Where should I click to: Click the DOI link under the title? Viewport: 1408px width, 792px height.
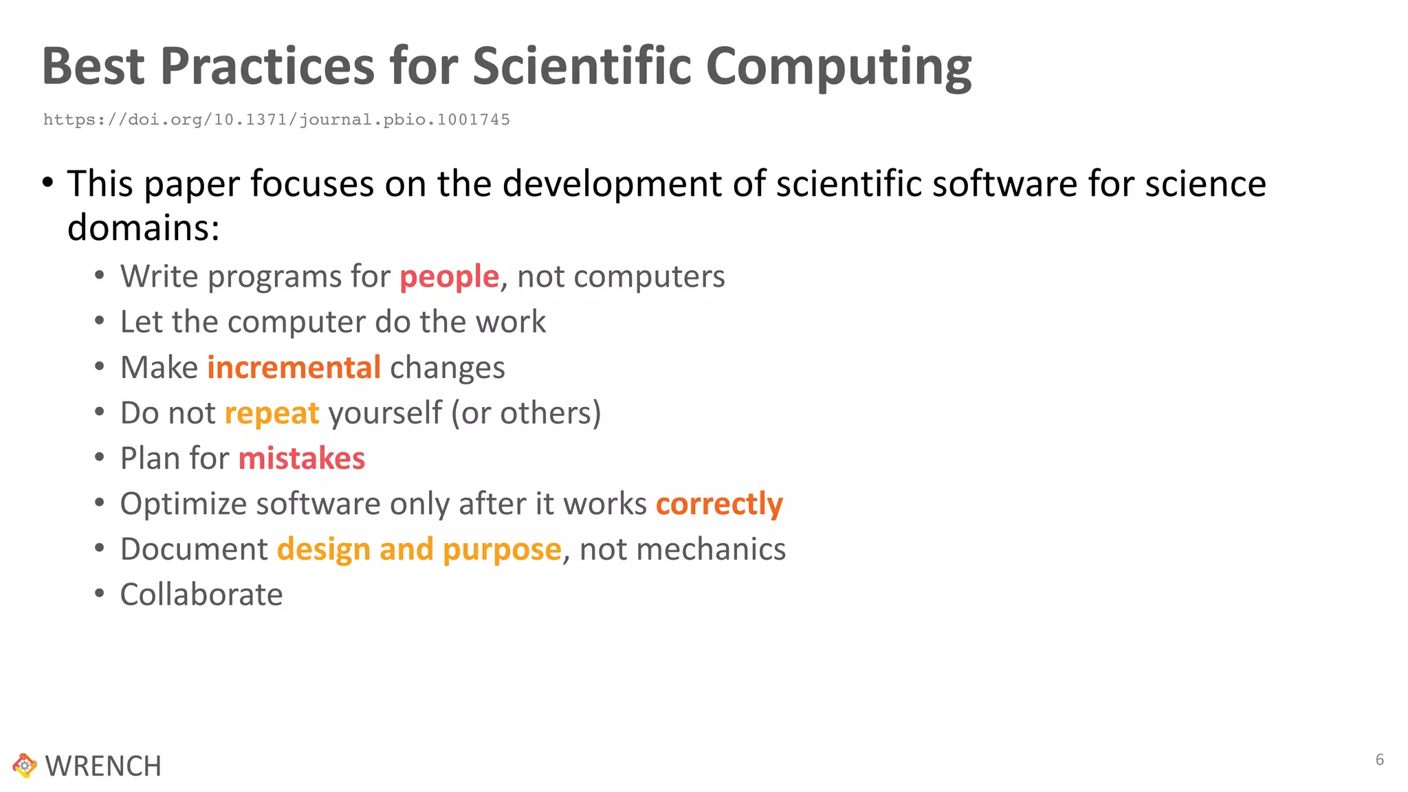276,120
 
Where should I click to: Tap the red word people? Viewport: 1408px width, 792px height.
449,277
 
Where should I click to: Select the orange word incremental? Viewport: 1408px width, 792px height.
294,368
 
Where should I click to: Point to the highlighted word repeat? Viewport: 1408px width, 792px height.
272,414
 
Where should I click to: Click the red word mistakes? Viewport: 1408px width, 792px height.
301,459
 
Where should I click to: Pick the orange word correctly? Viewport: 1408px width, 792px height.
719,504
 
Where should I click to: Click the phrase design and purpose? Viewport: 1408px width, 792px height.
419,549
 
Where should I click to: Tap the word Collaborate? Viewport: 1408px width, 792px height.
201,595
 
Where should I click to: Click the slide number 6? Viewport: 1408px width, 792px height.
1379,760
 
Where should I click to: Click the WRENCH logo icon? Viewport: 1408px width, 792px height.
25,765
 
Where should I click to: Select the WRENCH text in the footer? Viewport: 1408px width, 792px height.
103,767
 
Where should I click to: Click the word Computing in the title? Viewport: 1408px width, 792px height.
838,67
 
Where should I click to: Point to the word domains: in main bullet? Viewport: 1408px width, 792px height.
143,228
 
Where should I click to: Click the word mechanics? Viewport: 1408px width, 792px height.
682,549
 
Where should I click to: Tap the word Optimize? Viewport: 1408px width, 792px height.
183,504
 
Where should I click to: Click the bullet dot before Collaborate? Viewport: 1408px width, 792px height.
100,593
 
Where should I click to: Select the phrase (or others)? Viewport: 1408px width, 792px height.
526,413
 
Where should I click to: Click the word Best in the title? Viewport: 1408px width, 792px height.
93,67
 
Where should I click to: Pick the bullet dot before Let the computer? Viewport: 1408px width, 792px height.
100,321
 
